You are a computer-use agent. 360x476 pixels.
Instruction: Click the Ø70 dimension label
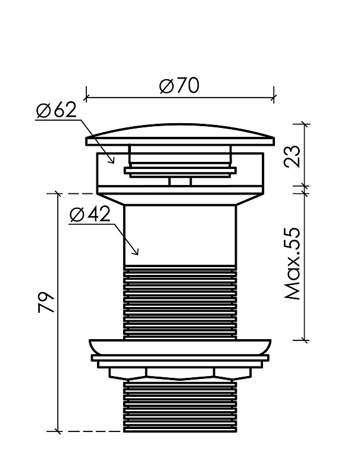[x=179, y=86]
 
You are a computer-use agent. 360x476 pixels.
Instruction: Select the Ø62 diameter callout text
[x=56, y=110]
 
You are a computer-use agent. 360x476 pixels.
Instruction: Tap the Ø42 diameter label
[x=89, y=215]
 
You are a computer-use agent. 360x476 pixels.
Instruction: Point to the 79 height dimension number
[x=46, y=302]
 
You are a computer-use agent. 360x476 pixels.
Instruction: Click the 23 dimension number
[x=292, y=156]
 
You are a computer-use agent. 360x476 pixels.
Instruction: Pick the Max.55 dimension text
[x=292, y=263]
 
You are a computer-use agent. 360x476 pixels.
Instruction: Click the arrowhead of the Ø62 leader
[x=112, y=161]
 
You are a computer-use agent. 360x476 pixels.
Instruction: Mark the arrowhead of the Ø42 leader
[x=136, y=252]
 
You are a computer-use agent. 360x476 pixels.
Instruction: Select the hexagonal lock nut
[x=180, y=374]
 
